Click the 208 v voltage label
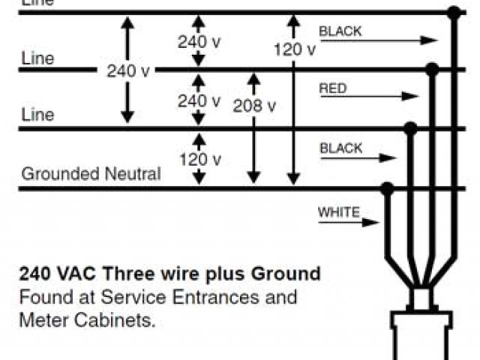click(x=254, y=106)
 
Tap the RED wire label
click(x=333, y=88)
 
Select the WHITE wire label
click(x=339, y=212)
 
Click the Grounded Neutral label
click(x=91, y=174)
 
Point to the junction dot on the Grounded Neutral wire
click(x=388, y=187)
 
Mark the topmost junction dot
click(x=453, y=12)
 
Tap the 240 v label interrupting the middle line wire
click(x=128, y=71)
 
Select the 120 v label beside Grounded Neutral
click(x=199, y=159)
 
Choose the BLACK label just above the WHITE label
click(x=341, y=148)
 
